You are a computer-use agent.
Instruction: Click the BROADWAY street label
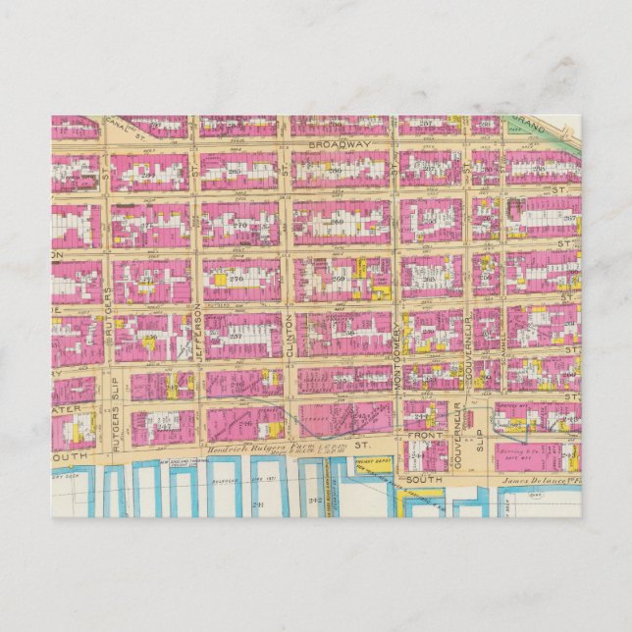click(338, 143)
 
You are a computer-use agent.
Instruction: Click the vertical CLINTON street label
click(290, 334)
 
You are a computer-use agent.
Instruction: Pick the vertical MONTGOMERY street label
click(398, 359)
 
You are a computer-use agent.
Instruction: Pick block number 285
click(236, 171)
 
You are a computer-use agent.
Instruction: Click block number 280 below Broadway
click(335, 171)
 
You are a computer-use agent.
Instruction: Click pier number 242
click(314, 500)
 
